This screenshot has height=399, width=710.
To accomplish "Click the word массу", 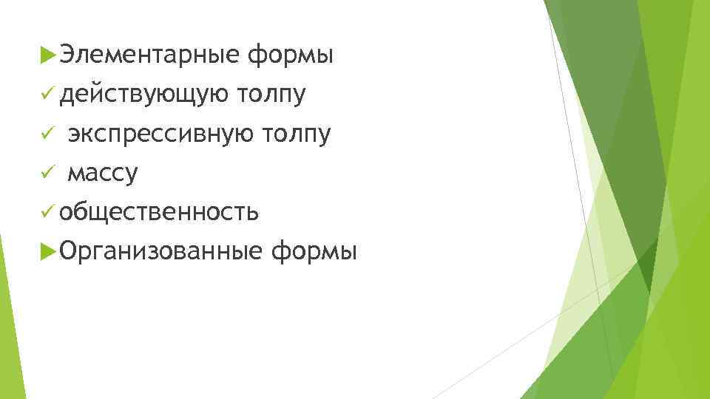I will (x=103, y=174).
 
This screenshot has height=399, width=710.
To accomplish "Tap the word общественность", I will (x=160, y=213).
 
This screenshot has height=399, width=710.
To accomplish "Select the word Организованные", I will (x=161, y=253).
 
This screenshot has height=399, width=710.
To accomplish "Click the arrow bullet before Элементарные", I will (x=50, y=55).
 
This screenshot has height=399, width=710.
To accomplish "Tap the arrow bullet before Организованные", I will (x=50, y=253).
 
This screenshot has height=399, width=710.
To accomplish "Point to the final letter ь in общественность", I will (x=253, y=214).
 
